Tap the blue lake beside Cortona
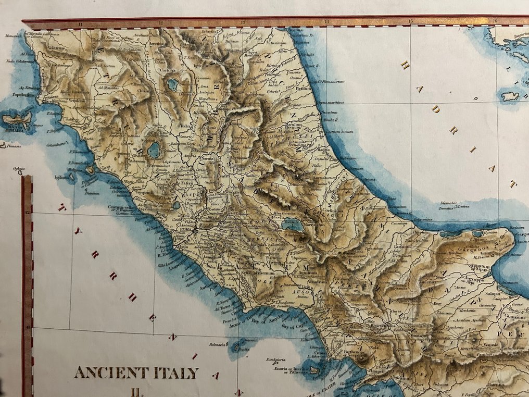click(x=172, y=84)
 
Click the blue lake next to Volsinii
click(x=154, y=151)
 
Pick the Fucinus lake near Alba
click(x=289, y=225)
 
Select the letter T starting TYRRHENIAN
click(x=64, y=207)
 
